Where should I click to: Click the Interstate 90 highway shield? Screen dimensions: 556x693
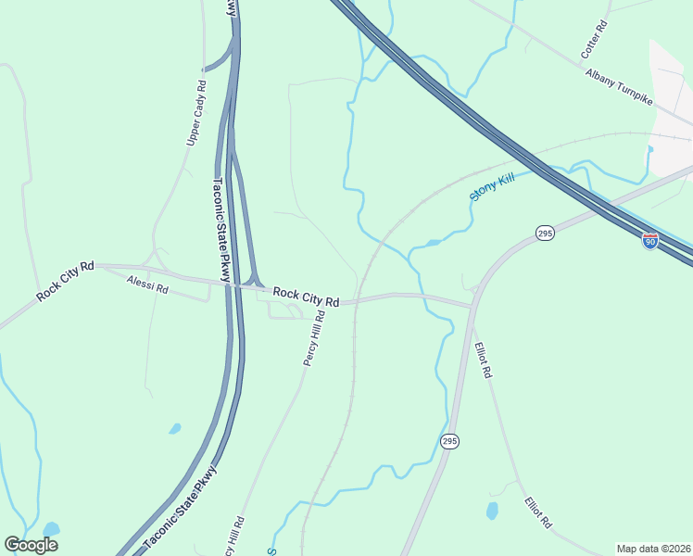pyautogui.click(x=650, y=240)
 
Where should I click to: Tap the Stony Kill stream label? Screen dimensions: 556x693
pyautogui.click(x=491, y=188)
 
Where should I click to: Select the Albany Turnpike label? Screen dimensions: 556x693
pyautogui.click(x=620, y=85)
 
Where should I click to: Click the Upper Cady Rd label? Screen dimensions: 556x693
pyautogui.click(x=196, y=110)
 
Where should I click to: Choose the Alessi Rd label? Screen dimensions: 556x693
pyautogui.click(x=148, y=288)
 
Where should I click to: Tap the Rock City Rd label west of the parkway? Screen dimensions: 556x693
pyautogui.click(x=66, y=281)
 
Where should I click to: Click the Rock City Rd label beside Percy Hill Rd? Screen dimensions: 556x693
pyautogui.click(x=307, y=297)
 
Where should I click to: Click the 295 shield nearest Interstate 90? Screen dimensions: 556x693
pyautogui.click(x=545, y=234)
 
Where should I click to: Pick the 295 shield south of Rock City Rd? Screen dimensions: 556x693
pyautogui.click(x=449, y=440)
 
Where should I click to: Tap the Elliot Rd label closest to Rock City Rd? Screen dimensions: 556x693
pyautogui.click(x=483, y=360)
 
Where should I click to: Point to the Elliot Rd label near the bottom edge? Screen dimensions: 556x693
pyautogui.click(x=538, y=512)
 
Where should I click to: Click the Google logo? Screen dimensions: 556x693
pyautogui.click(x=31, y=545)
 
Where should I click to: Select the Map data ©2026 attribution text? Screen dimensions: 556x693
pyautogui.click(x=653, y=549)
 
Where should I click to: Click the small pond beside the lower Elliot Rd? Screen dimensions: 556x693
pyautogui.click(x=492, y=511)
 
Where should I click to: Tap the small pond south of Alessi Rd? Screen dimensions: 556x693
pyautogui.click(x=174, y=429)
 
